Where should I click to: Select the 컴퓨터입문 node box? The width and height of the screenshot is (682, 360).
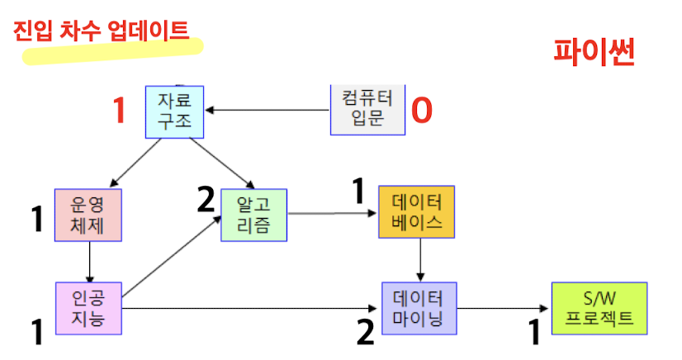point(368,109)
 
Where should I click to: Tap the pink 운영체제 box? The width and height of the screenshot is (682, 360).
point(88,215)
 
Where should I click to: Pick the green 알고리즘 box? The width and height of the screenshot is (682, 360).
point(253,215)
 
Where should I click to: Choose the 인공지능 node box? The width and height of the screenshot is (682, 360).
point(88,307)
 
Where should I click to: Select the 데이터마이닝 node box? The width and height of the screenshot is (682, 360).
point(419,307)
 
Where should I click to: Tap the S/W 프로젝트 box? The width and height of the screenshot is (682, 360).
point(599,307)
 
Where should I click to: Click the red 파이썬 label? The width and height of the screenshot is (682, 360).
point(594,53)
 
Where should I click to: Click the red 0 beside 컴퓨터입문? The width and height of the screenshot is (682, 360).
point(422,110)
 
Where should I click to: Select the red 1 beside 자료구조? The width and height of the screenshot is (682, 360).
point(120,111)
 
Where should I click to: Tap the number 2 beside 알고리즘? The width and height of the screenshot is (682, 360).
point(206,199)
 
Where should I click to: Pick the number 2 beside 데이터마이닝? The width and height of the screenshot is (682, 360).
point(366,330)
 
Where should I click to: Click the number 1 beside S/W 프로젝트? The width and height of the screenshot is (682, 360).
point(534,332)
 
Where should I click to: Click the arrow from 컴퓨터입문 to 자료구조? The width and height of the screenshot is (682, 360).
point(268,110)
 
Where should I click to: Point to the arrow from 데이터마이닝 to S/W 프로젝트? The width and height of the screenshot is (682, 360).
point(504,307)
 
